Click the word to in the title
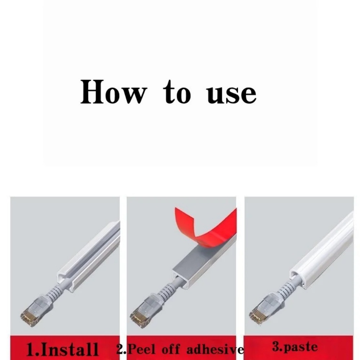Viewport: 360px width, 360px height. coord(177,92)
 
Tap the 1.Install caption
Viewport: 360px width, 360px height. coord(62,349)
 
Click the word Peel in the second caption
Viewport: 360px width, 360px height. coord(141,349)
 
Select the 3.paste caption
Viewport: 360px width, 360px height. coord(295,347)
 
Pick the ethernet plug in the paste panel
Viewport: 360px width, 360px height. coord(265,310)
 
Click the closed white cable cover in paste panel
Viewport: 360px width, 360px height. coord(321,250)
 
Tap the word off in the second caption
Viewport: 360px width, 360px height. coord(171,349)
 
